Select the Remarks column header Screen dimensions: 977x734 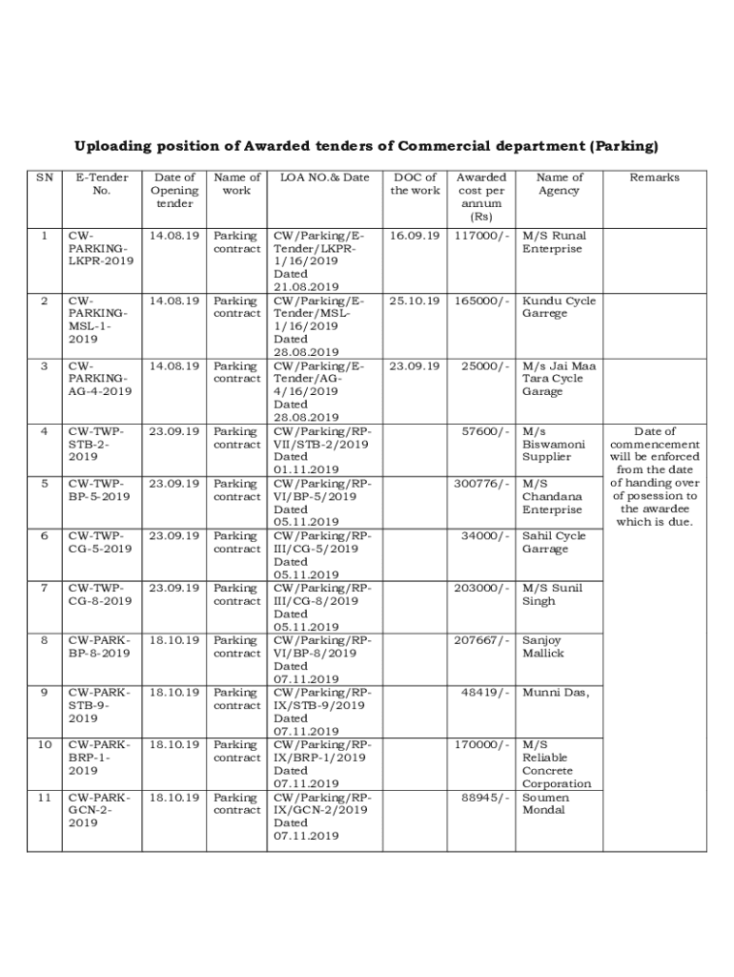pos(654,177)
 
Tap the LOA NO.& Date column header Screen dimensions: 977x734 pos(324,177)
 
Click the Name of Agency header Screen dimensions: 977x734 pos(559,184)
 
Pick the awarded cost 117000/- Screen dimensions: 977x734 pos(482,236)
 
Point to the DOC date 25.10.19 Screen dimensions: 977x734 pos(415,301)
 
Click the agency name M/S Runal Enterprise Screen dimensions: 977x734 pos(554,242)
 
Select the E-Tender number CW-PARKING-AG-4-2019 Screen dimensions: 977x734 pos(100,379)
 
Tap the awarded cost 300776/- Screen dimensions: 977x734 pos(482,484)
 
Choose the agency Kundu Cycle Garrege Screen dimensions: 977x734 pos(559,307)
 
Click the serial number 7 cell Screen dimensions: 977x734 pos(45,589)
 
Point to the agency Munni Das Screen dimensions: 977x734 pos(556,693)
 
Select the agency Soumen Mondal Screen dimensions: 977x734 pos(546,803)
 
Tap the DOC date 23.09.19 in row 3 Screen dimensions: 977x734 pos(415,365)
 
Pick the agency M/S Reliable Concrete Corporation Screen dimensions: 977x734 pos(557,764)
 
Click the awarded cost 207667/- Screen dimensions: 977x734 pos(482,640)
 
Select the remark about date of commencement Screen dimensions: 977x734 pos(654,477)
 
